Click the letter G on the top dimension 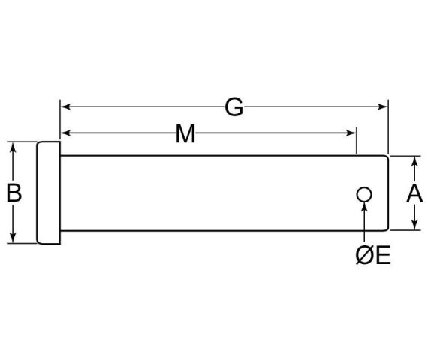coord(234,107)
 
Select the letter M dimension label coord(185,134)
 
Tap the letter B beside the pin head coord(14,193)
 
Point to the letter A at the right coord(414,193)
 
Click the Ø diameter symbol coord(363,256)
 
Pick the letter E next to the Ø coord(381,256)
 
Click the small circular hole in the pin coord(363,195)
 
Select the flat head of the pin coord(48,193)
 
